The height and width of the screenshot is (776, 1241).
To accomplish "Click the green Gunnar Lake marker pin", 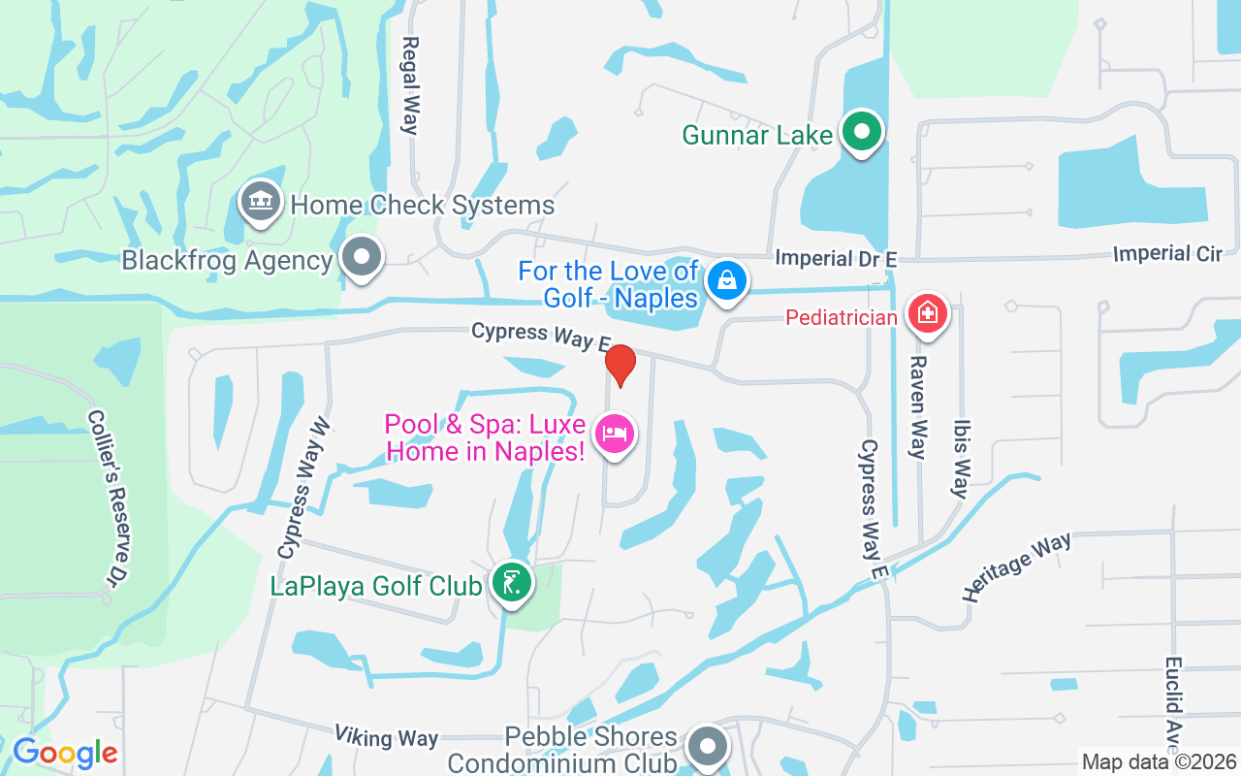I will pyautogui.click(x=860, y=133).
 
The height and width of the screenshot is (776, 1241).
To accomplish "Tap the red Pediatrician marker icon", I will pyautogui.click(x=928, y=313).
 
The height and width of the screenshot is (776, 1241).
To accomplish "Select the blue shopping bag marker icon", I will pyautogui.click(x=725, y=281).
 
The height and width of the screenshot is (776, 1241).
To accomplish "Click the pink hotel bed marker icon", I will pyautogui.click(x=615, y=433).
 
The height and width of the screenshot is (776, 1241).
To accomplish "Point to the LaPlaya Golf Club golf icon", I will pyautogui.click(x=511, y=583).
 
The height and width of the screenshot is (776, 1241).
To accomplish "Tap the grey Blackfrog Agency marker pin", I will pyautogui.click(x=363, y=258).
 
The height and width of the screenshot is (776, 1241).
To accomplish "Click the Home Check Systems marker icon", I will pyautogui.click(x=260, y=202).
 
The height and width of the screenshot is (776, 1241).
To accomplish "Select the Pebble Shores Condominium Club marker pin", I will pyautogui.click(x=708, y=747).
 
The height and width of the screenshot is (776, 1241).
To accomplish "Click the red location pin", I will pyautogui.click(x=620, y=364).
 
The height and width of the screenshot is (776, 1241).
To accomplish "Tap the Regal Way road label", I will pyautogui.click(x=410, y=85).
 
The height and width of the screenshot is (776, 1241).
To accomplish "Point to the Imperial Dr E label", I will pyautogui.click(x=836, y=258).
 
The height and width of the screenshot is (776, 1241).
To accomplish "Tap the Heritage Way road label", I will pyautogui.click(x=1017, y=566).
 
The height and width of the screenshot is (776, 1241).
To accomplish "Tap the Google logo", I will pyautogui.click(x=65, y=753).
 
